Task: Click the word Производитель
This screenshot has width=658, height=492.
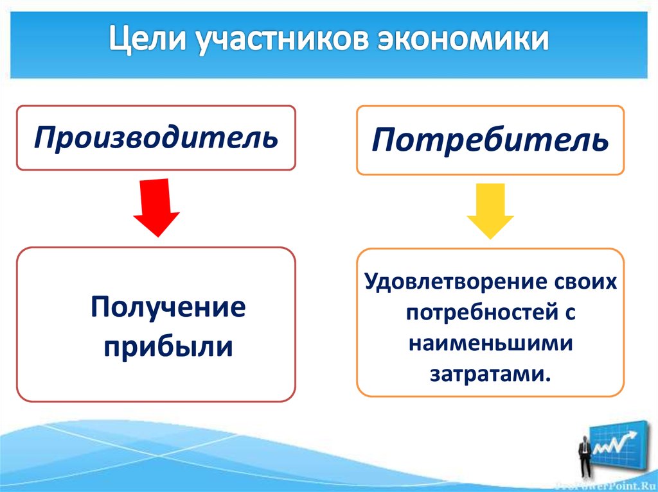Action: [x=156, y=137]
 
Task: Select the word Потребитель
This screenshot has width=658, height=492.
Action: [x=490, y=140]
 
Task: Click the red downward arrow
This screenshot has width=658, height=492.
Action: [x=156, y=207]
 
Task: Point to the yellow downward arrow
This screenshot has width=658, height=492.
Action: [x=490, y=210]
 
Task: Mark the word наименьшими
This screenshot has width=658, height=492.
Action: [x=490, y=343]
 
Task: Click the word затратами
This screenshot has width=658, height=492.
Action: [x=486, y=373]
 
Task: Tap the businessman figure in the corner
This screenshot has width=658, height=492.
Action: [x=583, y=452]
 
